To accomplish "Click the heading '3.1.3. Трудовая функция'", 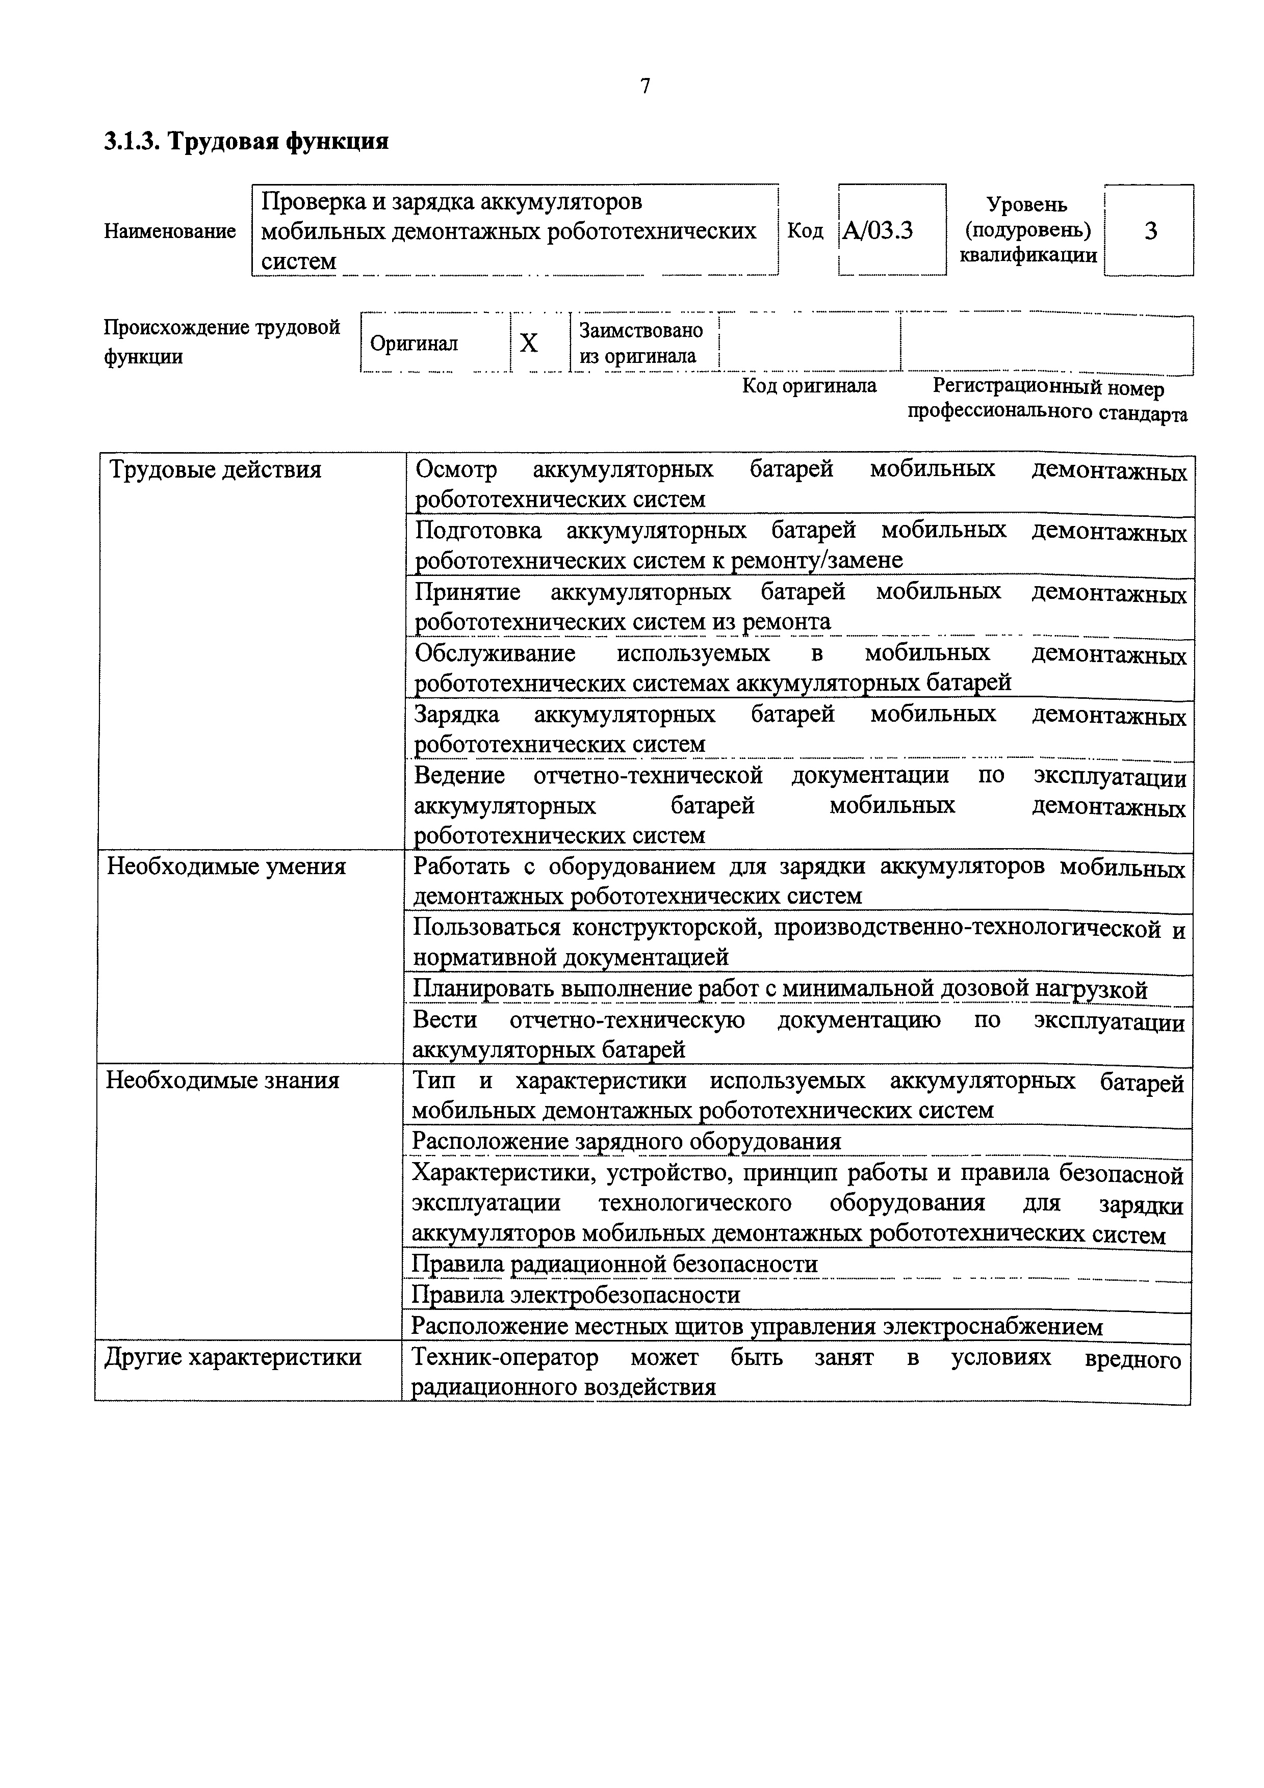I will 246,142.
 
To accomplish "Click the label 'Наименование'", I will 170,231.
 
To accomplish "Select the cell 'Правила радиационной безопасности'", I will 614,1264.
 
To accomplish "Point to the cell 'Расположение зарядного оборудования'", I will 626,1142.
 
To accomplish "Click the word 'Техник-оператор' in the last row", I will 505,1357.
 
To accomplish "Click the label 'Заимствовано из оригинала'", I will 640,343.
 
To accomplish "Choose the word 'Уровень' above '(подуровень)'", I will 1027,205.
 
